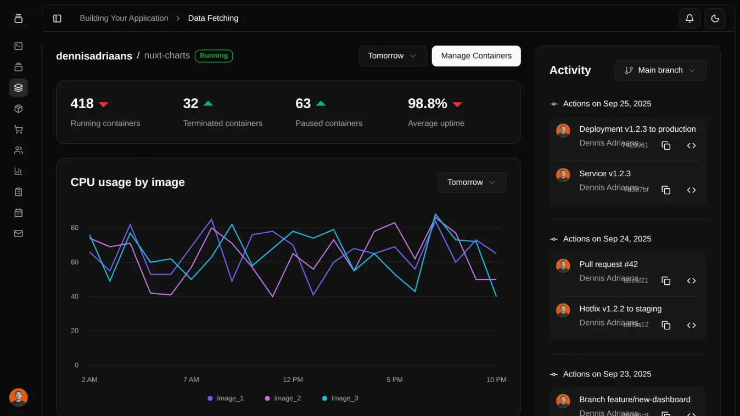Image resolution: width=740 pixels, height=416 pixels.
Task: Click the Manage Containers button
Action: coord(476,56)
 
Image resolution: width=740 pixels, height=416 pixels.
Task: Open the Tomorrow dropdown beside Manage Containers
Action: coord(392,56)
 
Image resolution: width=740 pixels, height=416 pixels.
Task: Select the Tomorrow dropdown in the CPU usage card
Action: coord(471,182)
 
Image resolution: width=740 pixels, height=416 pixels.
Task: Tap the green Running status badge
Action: coord(214,56)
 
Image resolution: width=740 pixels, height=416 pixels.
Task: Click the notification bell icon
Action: coord(689,18)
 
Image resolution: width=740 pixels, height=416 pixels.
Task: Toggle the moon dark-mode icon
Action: coord(715,18)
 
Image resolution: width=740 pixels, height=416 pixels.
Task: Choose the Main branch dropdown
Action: coord(660,70)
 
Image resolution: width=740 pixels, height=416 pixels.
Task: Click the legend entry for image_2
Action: coord(283,398)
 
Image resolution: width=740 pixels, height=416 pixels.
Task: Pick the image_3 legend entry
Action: coord(340,398)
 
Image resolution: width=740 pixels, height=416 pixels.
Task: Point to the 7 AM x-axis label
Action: coord(191,380)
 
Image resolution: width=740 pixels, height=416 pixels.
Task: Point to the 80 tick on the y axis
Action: coord(75,228)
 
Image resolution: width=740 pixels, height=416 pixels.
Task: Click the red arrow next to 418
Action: coord(104,104)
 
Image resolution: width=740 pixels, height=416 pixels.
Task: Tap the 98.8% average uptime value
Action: coord(427,104)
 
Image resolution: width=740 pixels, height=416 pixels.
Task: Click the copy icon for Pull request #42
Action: coord(666,281)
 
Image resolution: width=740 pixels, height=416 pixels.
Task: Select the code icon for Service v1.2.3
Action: coord(691,190)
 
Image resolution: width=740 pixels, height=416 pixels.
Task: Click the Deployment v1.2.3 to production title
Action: coord(637,129)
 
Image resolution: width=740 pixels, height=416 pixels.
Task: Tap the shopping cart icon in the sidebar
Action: coord(18,130)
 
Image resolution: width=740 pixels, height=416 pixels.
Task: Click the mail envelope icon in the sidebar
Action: coord(18,233)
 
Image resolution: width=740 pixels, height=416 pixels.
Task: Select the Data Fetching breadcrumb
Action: coord(213,18)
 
